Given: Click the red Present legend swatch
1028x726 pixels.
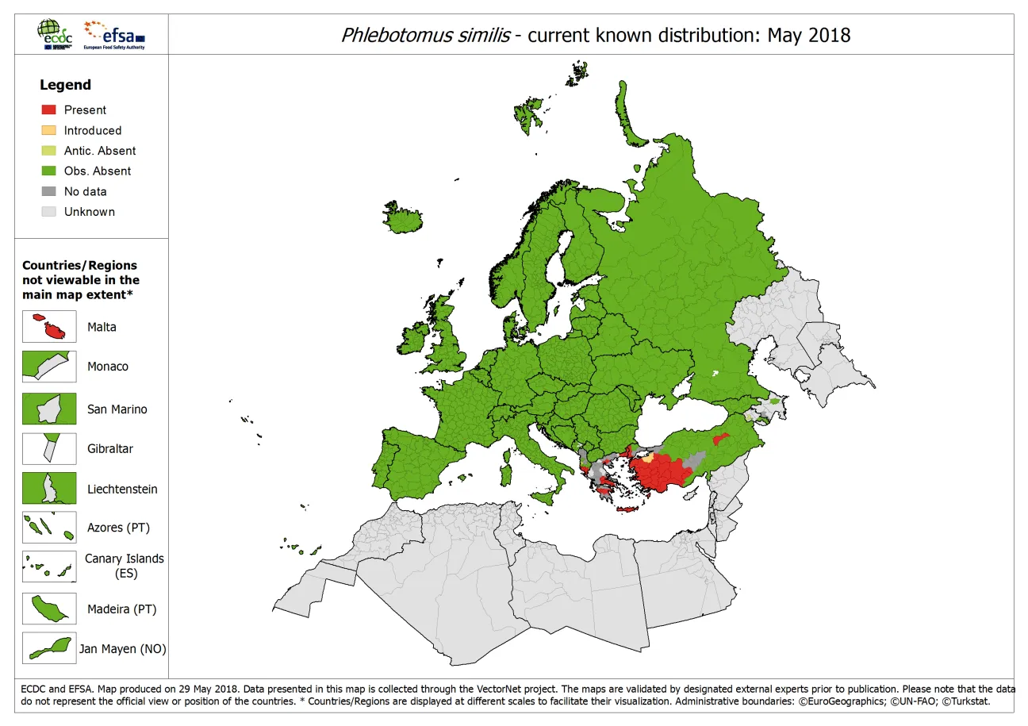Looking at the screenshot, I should coord(48,110).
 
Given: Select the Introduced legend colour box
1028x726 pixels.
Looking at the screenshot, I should coord(48,131).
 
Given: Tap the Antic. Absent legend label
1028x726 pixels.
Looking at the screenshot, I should coord(99,151).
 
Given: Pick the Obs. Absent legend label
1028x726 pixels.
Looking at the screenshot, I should coord(97,171).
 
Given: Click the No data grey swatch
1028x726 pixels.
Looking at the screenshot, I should coord(48,192).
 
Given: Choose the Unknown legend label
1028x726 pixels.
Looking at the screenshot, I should coord(89,212).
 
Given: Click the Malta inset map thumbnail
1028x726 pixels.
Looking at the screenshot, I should coord(49,327).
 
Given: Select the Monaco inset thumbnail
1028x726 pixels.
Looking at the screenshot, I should coord(49,367).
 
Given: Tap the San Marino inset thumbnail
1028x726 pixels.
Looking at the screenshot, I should coord(49,409).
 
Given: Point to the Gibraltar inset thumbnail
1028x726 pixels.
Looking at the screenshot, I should coord(49,448).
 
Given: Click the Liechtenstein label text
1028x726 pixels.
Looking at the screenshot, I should coord(122,490).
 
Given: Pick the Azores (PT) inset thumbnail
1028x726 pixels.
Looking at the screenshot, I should coord(49,528).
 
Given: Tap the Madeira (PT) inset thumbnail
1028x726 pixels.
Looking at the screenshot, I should coord(49,609).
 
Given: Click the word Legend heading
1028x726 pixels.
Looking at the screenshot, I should coord(65,85).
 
